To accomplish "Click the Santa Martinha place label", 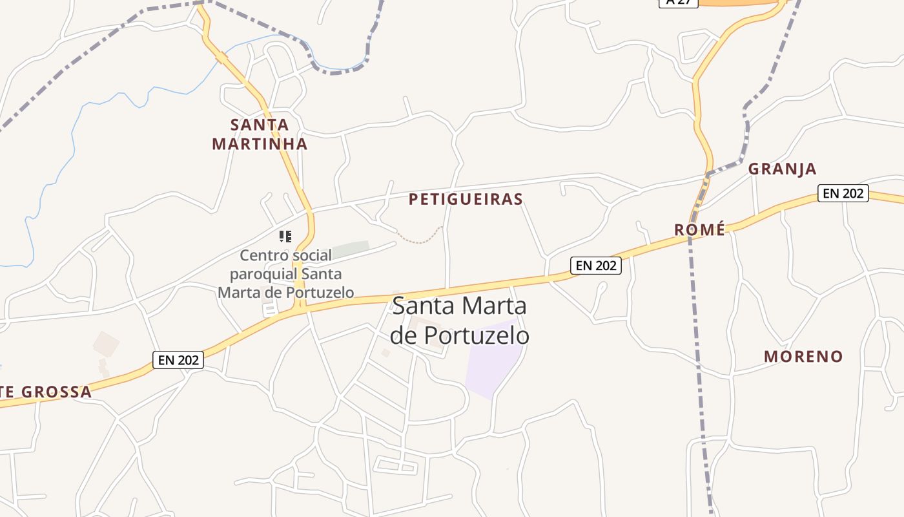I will pyautogui.click(x=260, y=134).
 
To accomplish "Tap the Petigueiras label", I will pyautogui.click(x=466, y=199).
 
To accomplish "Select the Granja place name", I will pyautogui.click(x=782, y=169).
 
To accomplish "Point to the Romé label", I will pyautogui.click(x=699, y=230).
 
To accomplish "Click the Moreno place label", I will pyautogui.click(x=803, y=356).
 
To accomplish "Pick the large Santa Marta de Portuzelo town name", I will pyautogui.click(x=459, y=321).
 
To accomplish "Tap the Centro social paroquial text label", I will pyautogui.click(x=285, y=274).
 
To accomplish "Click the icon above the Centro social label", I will pyautogui.click(x=285, y=237).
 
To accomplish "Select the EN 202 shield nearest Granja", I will pyautogui.click(x=843, y=193).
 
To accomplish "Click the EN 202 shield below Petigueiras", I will pyautogui.click(x=595, y=265).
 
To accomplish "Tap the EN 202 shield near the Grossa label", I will pyautogui.click(x=178, y=360).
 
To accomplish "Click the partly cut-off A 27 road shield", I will pyautogui.click(x=678, y=3).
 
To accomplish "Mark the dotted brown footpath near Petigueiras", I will pyautogui.click(x=420, y=238).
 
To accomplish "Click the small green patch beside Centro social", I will pyautogui.click(x=351, y=249).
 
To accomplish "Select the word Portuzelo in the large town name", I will pyautogui.click(x=477, y=335).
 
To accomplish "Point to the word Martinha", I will pyautogui.click(x=260, y=143).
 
